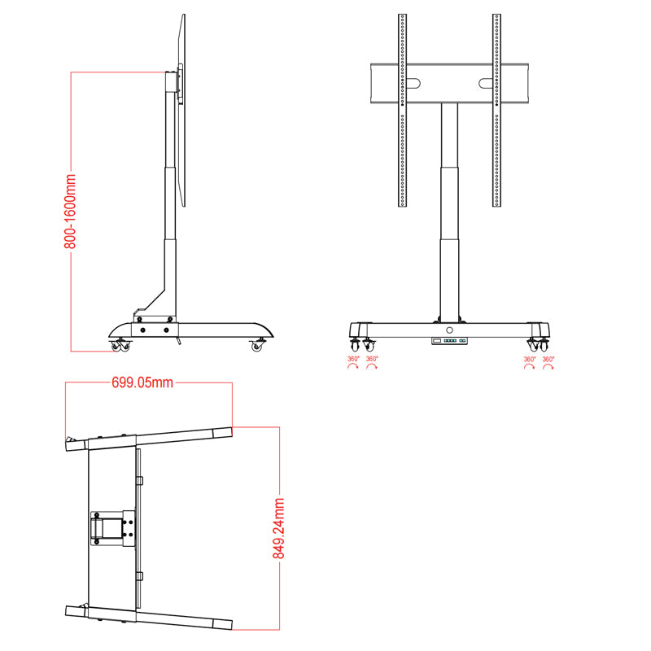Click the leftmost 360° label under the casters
(x=353, y=359)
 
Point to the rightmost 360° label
(x=548, y=359)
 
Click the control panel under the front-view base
(x=449, y=341)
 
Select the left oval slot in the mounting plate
(x=413, y=83)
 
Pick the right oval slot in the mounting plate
(x=486, y=83)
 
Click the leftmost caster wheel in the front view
(x=354, y=343)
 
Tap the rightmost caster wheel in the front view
(x=544, y=343)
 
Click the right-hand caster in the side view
(x=258, y=345)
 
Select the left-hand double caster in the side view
(x=120, y=346)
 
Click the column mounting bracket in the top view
(x=111, y=527)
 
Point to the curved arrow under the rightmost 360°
(x=548, y=368)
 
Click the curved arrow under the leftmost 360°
(x=353, y=368)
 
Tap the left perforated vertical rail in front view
(x=402, y=110)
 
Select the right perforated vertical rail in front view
(x=496, y=110)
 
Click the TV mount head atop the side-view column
(x=173, y=84)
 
